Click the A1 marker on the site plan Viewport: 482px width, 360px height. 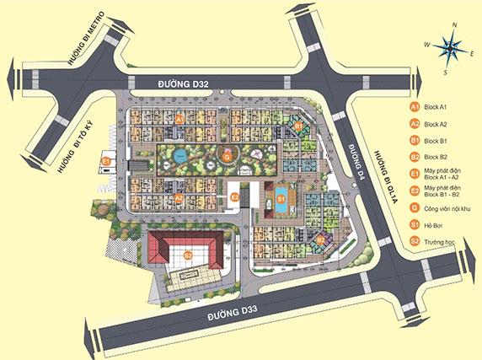click(179, 120)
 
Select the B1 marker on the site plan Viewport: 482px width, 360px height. click(298, 126)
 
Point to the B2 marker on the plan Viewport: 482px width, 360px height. click(321, 239)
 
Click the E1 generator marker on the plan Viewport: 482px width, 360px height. click(106, 160)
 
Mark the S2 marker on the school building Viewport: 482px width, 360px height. click(189, 255)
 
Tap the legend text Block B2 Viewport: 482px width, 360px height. click(436, 157)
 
